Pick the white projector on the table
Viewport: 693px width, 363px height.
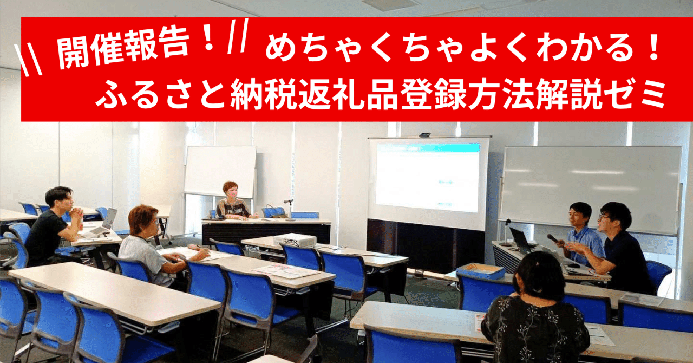point(295,239)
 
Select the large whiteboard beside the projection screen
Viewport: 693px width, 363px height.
point(590,190)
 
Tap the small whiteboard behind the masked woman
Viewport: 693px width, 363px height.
point(220,172)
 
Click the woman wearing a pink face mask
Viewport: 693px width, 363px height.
point(232,202)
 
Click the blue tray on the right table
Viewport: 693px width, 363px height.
point(481,270)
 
